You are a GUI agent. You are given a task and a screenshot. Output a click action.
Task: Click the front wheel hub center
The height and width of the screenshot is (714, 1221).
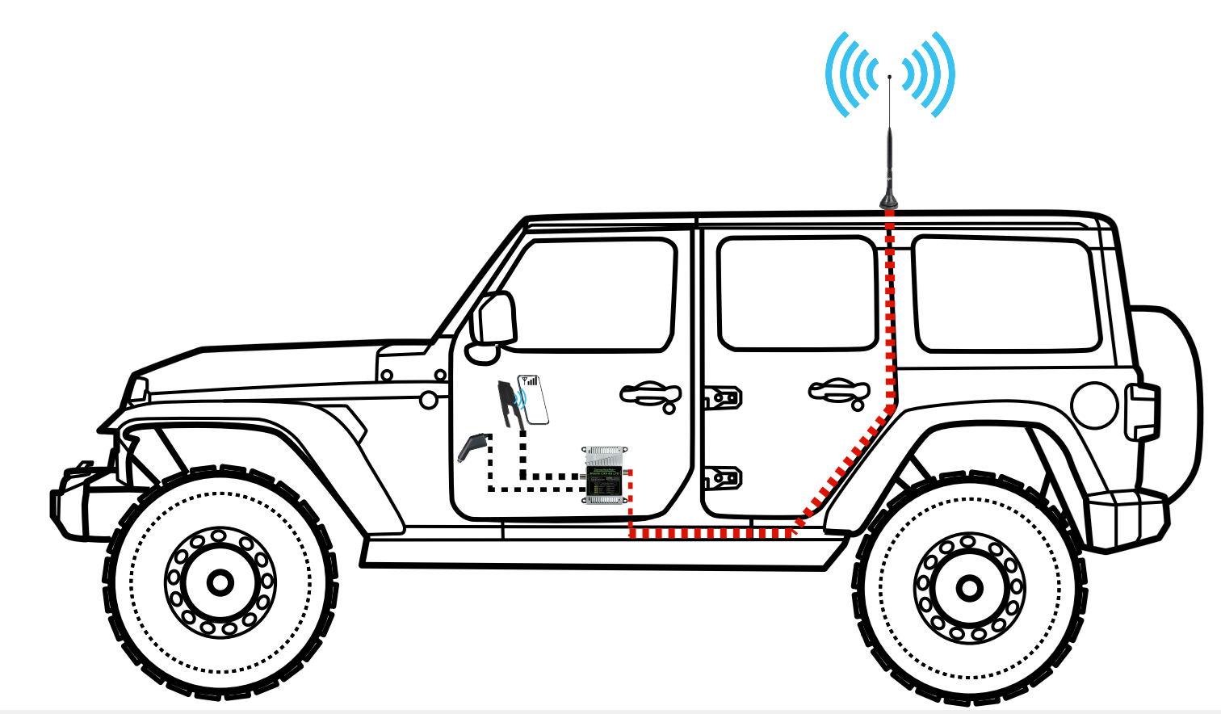click(x=220, y=582)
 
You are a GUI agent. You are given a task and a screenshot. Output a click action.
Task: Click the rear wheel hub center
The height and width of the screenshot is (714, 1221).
click(x=969, y=587)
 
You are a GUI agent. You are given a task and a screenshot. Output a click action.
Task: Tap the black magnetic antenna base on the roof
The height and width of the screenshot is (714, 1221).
click(x=889, y=198)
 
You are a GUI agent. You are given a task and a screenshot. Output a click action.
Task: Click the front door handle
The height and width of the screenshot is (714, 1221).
click(x=651, y=393)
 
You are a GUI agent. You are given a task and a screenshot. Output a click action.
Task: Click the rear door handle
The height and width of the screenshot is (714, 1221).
click(x=840, y=390)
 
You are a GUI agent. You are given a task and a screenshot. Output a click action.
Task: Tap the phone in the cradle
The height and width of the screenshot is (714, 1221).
click(x=535, y=398)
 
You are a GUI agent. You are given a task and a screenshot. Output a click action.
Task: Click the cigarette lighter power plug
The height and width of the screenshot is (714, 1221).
click(x=472, y=447)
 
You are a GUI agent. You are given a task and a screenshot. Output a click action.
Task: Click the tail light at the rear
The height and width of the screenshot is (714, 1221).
click(x=1143, y=412)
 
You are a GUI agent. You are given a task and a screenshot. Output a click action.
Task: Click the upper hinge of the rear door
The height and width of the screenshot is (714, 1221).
click(x=724, y=397)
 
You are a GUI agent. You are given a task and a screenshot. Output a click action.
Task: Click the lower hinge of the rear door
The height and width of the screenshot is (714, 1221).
click(x=724, y=478)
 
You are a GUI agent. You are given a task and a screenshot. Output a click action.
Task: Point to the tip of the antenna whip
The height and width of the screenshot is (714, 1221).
click(x=889, y=78)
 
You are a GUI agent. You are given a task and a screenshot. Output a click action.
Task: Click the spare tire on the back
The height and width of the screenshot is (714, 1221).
click(x=1175, y=404)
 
